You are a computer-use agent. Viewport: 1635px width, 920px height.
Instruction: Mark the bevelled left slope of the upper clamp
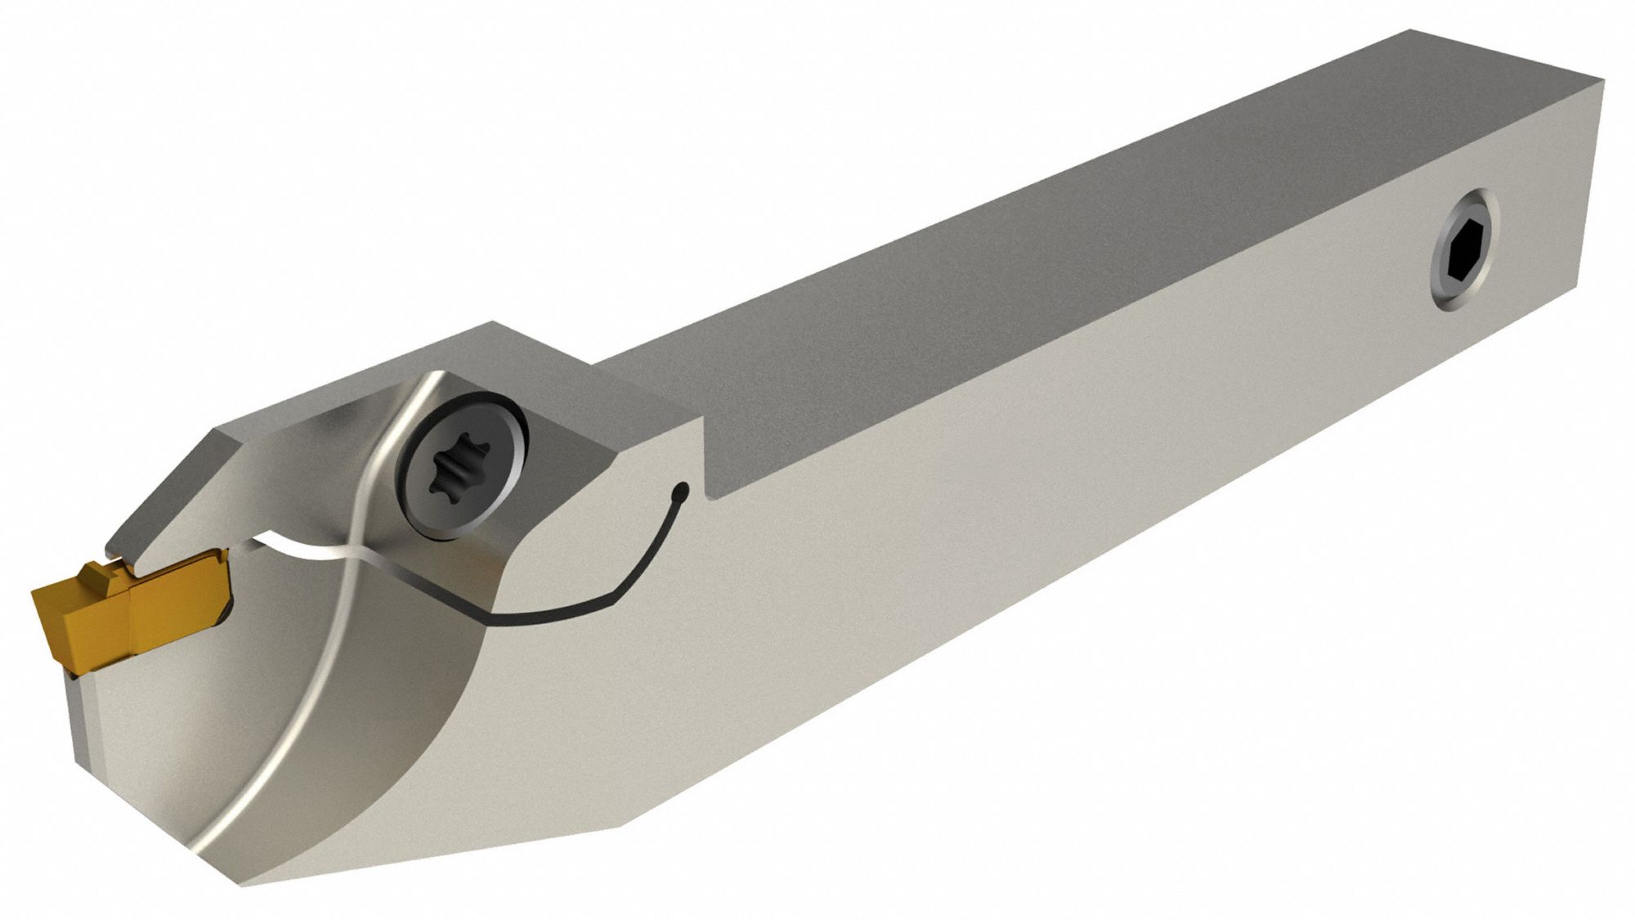tap(163, 482)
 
